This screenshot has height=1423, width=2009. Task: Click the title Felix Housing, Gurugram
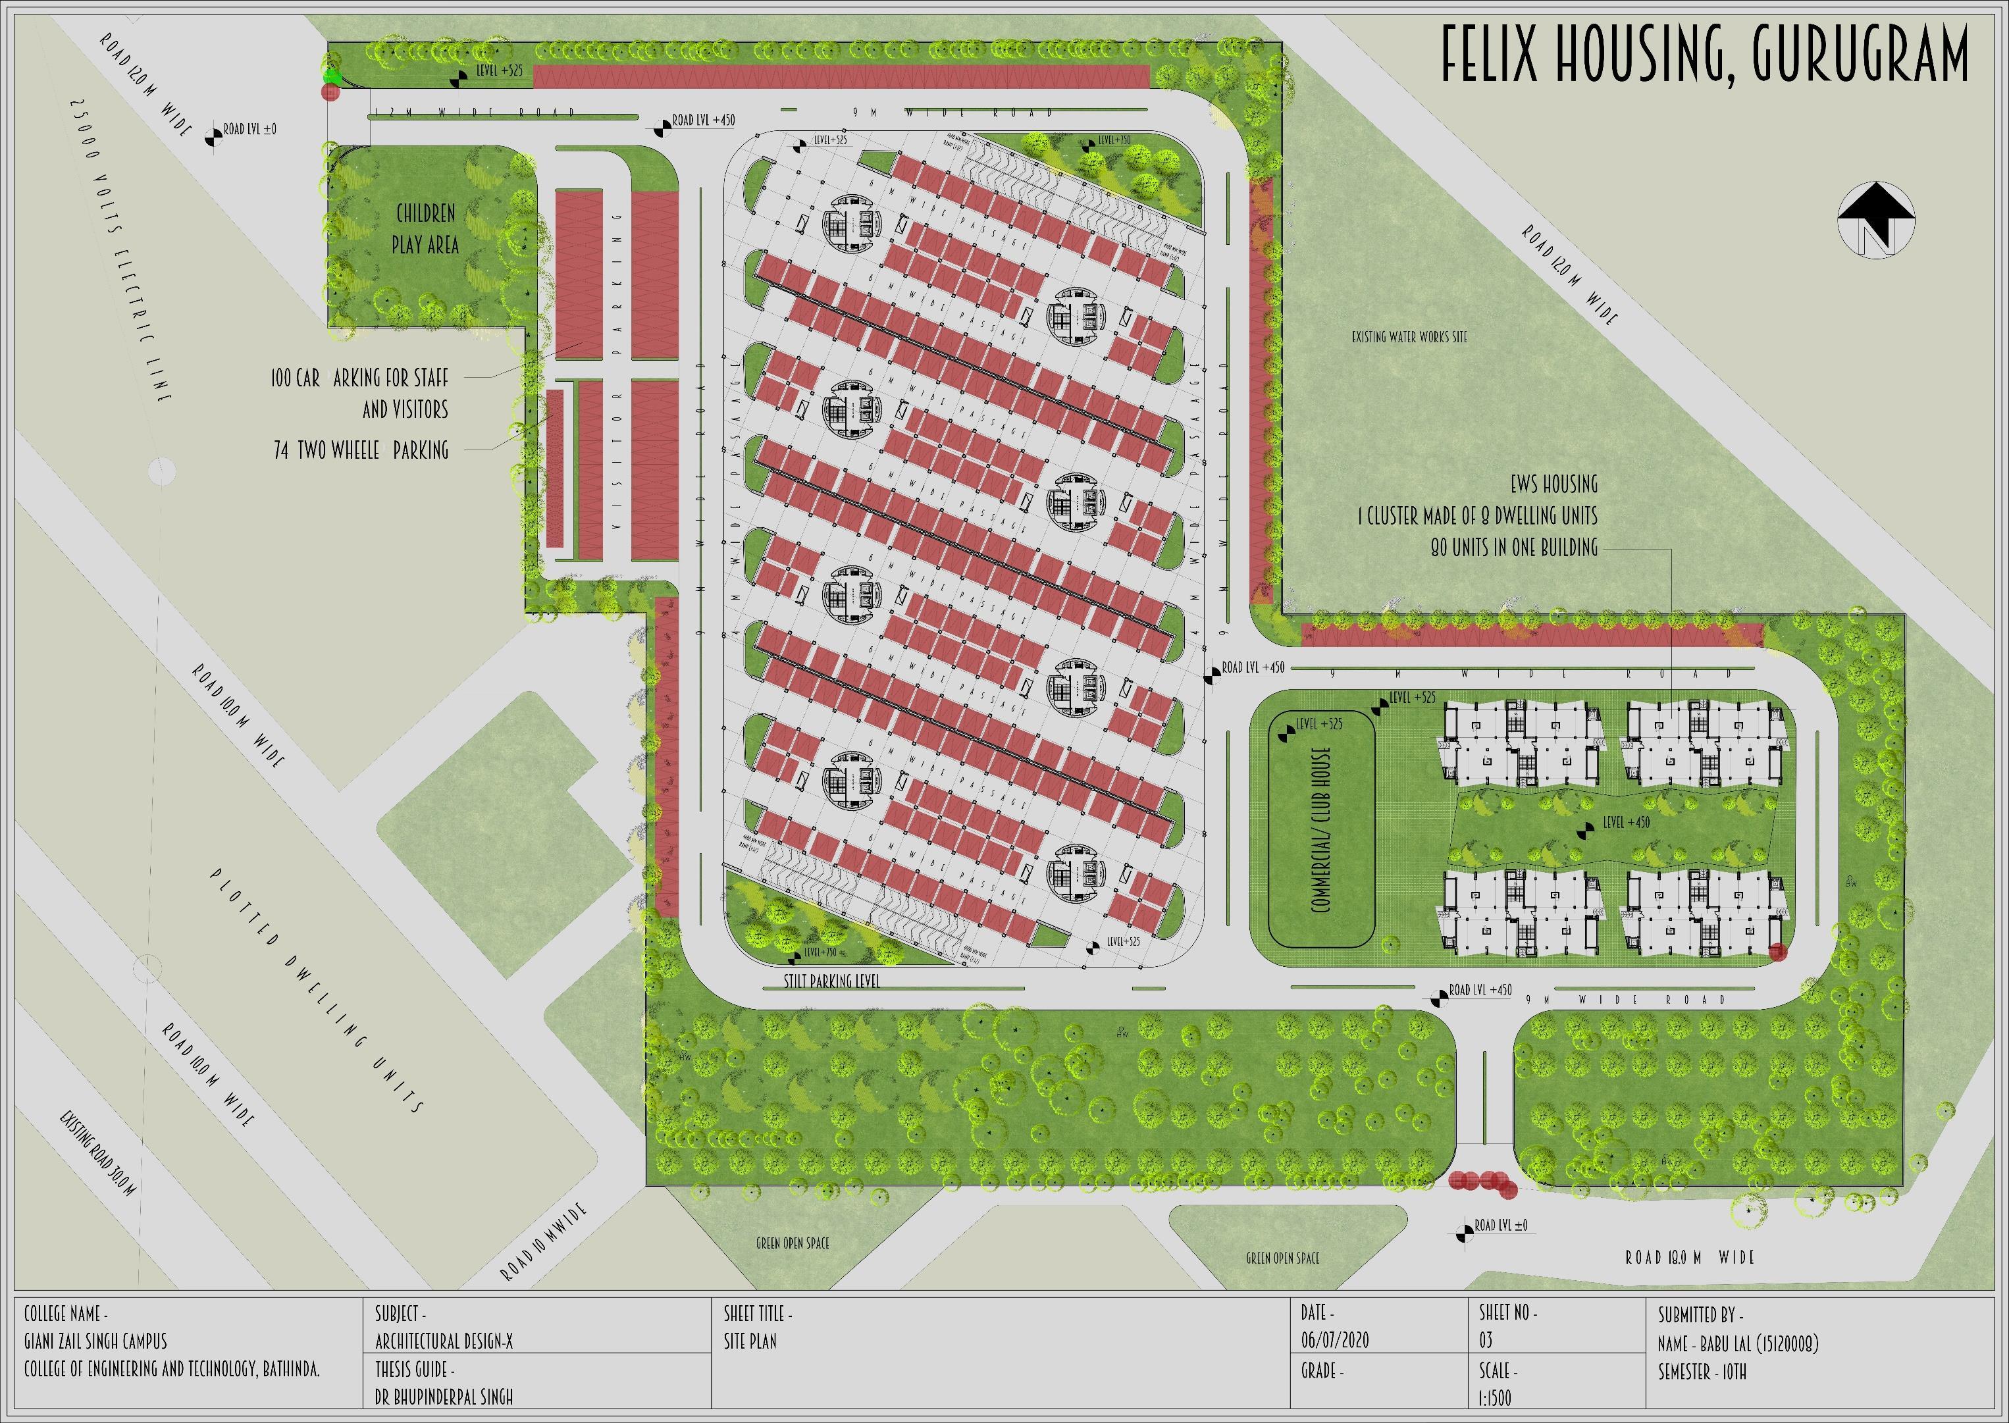coord(1704,55)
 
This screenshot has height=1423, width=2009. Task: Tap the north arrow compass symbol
coord(1876,220)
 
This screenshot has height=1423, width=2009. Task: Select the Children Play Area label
coord(425,228)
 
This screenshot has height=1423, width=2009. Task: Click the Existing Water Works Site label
coord(1409,336)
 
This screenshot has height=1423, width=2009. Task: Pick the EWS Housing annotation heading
coord(1553,484)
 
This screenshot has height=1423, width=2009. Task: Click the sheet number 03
coord(1485,1341)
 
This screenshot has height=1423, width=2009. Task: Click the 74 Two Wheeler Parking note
coord(361,450)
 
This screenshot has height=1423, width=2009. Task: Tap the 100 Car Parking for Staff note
coord(360,378)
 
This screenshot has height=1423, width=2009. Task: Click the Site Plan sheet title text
coord(750,1341)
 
